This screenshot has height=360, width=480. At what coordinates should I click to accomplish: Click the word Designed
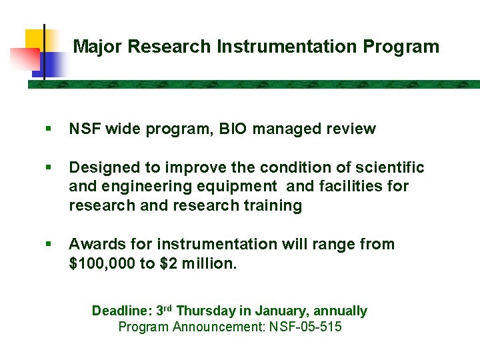coord(101,168)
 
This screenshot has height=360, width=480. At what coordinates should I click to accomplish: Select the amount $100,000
coord(102,263)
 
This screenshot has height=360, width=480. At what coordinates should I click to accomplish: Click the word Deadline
coord(121,311)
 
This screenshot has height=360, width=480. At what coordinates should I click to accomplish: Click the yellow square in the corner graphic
coord(37,40)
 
